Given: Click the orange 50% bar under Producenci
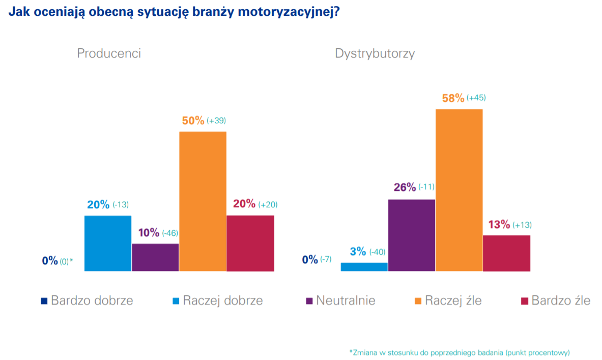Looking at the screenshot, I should coord(203,201).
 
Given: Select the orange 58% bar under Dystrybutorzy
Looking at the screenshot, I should coord(459,189).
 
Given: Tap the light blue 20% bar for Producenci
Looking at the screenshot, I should coord(107,243).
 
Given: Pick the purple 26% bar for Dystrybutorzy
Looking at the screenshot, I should coord(411,235).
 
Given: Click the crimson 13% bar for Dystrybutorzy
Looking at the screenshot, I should coord(506,253).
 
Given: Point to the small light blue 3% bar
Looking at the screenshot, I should coord(364,266).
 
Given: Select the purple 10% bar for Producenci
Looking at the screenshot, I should coord(155,257).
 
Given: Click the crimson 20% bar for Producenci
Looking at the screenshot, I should coord(250,243).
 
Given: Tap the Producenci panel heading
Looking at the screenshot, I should coord(109,53).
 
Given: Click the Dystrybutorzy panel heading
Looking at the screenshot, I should coord(375,53).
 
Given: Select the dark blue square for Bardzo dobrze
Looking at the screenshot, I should coord(44,301).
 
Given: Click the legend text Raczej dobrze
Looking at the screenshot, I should coord(223,300).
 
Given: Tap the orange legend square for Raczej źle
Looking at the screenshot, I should coord(418,301).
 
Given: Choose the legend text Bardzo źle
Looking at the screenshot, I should coord(561,300).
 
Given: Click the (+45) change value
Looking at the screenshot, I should coord(476,98).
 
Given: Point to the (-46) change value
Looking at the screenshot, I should coord(170,233).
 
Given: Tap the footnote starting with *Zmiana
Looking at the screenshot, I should coord(460,352).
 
